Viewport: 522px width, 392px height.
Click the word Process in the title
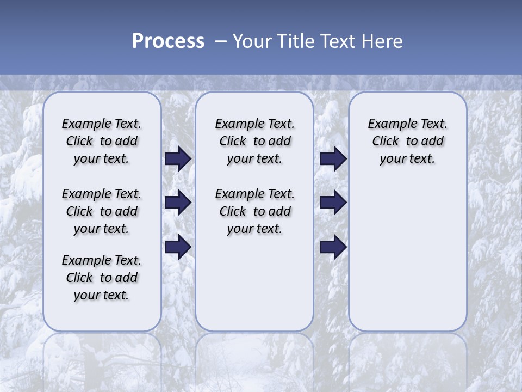tap(168, 41)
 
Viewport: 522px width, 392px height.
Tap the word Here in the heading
tap(383, 41)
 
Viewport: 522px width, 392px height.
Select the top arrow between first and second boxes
tap(178, 159)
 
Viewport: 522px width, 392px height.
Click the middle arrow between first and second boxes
tap(178, 203)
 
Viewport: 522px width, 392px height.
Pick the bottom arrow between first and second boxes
tap(178, 247)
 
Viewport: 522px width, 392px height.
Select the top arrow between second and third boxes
tap(333, 159)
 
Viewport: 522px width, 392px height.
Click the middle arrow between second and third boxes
tap(333, 203)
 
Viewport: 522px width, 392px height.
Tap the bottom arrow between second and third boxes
tap(333, 247)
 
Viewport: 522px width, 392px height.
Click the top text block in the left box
tap(102, 141)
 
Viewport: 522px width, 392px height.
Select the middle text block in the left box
tap(102, 211)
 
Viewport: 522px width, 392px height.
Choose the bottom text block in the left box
tap(102, 278)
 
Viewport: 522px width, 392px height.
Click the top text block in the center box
tap(254, 141)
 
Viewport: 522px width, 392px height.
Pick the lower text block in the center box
tap(254, 211)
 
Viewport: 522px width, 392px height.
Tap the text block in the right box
tap(408, 141)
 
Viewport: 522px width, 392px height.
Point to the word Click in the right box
tap(386, 142)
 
